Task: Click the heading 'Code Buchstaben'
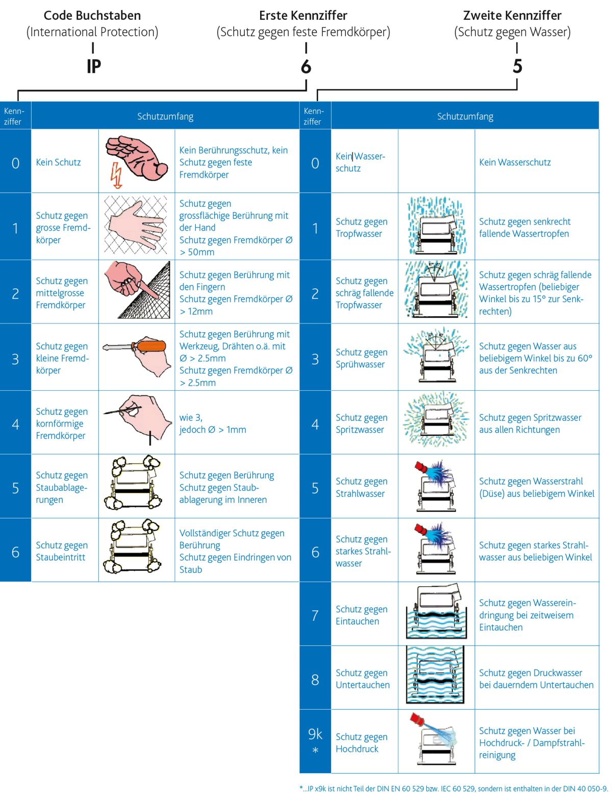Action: [x=92, y=15]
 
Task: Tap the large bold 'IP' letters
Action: [x=94, y=66]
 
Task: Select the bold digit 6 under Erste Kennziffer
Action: [x=305, y=66]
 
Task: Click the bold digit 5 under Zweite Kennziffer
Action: [x=517, y=66]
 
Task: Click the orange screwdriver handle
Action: [x=148, y=346]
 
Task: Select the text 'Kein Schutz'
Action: [x=58, y=162]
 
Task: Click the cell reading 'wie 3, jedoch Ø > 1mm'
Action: [x=212, y=424]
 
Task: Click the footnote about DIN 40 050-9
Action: [x=453, y=788]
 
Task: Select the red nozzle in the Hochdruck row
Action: [x=417, y=719]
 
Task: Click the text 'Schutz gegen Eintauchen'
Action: [x=361, y=615]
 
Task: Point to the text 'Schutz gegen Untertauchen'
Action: [x=363, y=679]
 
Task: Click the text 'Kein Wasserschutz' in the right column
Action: [x=515, y=162]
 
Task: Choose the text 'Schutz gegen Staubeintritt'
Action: [x=62, y=551]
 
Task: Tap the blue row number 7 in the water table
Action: [x=315, y=615]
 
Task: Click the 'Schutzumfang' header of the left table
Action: [x=165, y=116]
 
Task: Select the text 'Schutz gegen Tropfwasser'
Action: [x=361, y=228]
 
